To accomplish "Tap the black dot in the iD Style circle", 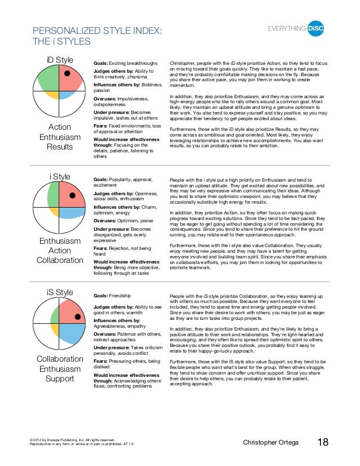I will click(67, 73).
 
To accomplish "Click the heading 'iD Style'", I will click(59, 60).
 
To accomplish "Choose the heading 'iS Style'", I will click(59, 292).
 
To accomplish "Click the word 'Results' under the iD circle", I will click(60, 147).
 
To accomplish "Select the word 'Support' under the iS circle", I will click(60, 379).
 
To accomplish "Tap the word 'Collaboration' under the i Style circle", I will click(60, 260).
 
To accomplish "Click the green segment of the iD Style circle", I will click(48, 81).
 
